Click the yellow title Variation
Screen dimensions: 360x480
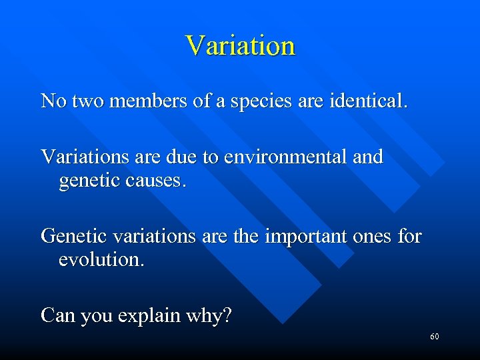[x=240, y=46]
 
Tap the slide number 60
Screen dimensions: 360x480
[x=434, y=337]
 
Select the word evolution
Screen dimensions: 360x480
[x=101, y=259]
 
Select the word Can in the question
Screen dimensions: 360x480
[x=58, y=315]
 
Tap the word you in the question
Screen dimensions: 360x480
[x=95, y=316]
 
